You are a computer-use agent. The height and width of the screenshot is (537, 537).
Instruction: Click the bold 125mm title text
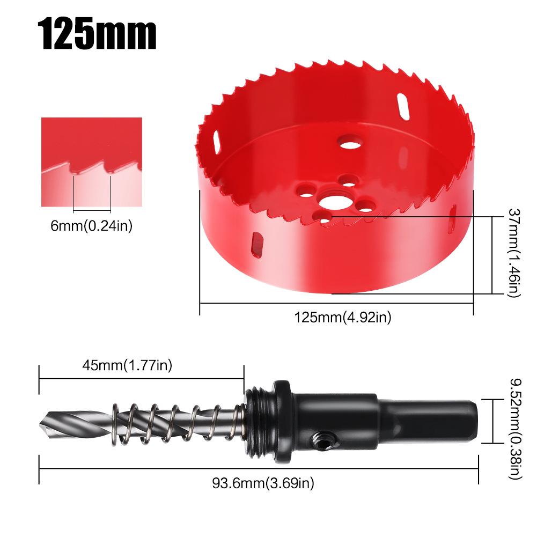[99, 34]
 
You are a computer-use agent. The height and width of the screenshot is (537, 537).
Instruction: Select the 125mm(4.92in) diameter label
[343, 318]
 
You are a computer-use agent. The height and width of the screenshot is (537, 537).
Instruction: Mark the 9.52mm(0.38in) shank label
[514, 422]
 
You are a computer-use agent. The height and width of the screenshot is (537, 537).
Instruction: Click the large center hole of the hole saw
[333, 203]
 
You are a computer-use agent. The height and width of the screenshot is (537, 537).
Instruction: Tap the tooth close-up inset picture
[92, 162]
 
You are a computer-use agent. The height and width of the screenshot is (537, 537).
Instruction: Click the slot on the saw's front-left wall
[258, 244]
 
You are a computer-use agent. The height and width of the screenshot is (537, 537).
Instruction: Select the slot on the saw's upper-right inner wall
[403, 106]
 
